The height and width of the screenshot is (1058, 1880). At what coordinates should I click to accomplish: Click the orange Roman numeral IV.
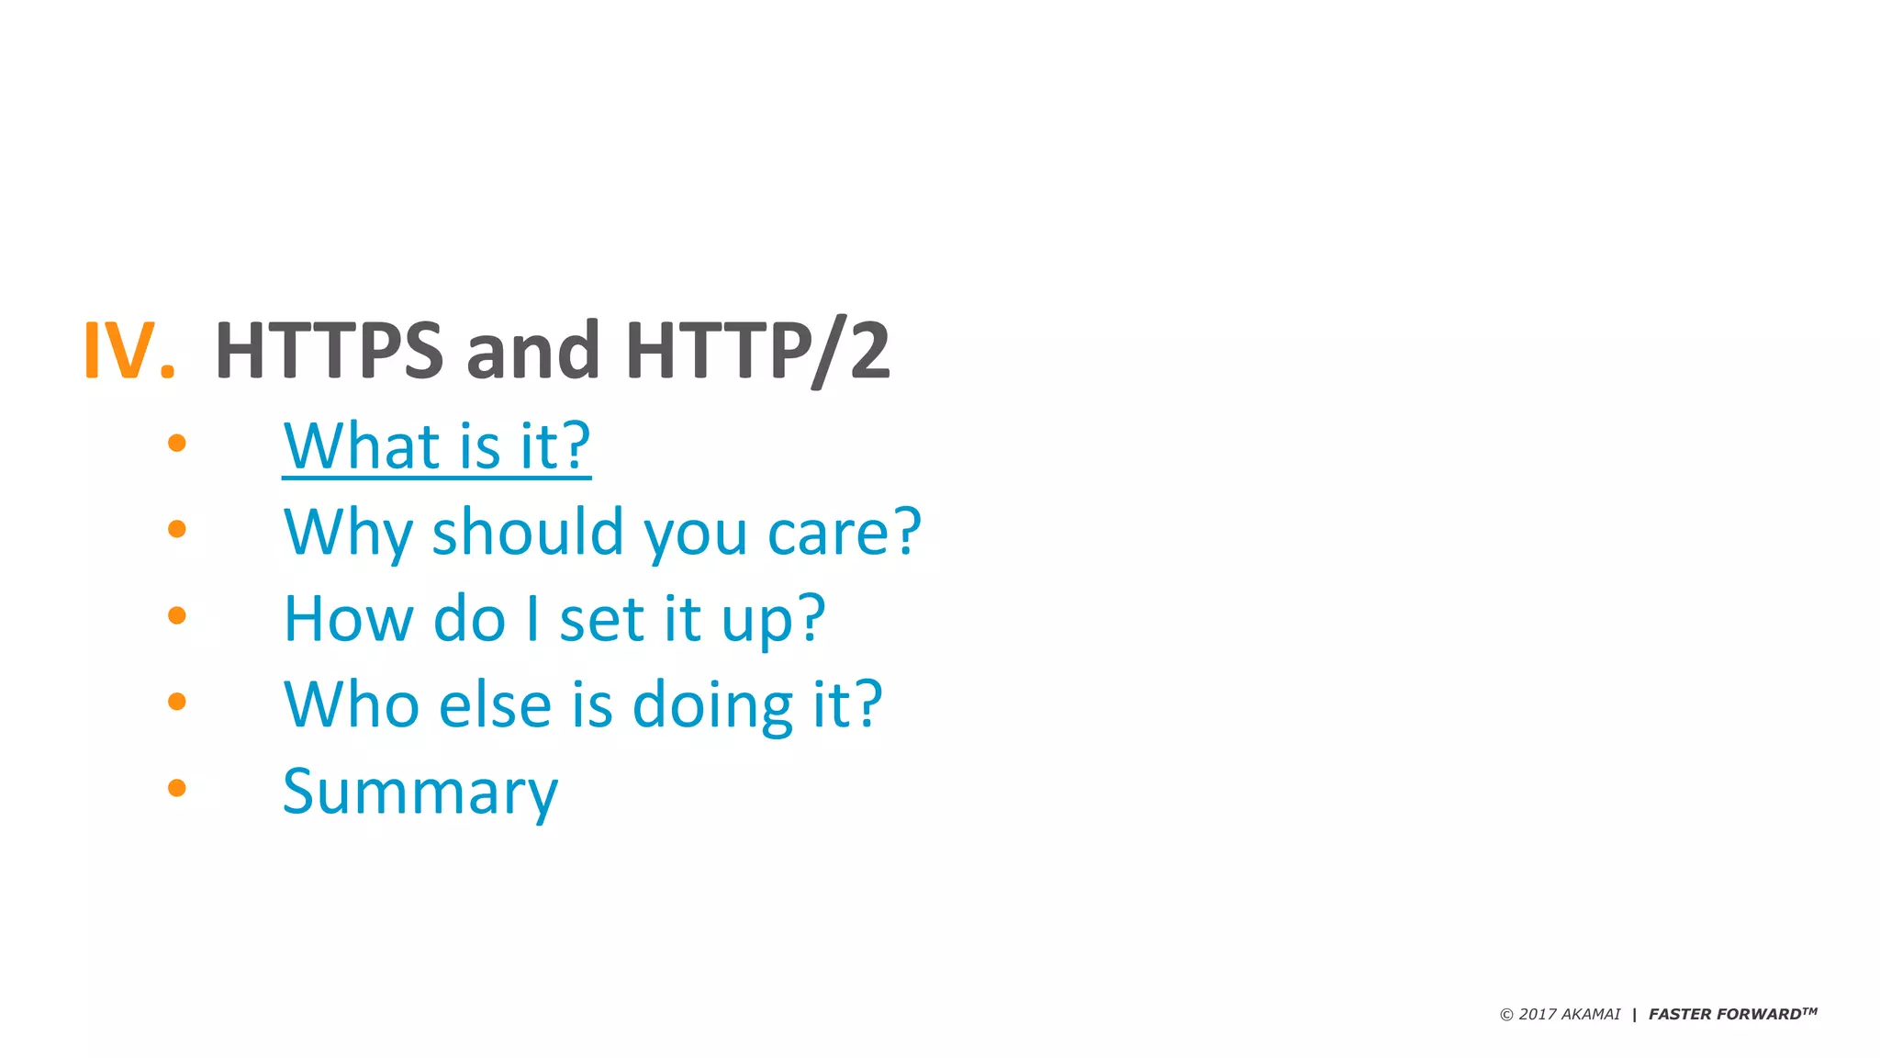[x=129, y=350]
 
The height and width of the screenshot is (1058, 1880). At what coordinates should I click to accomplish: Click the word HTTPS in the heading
[x=329, y=350]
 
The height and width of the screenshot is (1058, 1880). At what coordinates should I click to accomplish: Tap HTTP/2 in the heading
[x=757, y=350]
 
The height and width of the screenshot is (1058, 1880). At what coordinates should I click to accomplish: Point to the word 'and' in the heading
[x=532, y=350]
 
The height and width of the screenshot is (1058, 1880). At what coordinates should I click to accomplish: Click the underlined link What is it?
[x=437, y=446]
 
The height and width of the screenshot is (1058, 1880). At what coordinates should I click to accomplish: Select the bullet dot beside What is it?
[x=177, y=444]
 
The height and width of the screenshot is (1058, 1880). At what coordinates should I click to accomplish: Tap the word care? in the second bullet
[x=844, y=532]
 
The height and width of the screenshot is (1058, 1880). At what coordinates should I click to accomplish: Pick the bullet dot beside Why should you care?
[x=177, y=529]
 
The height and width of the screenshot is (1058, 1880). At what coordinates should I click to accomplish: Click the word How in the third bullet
[x=348, y=618]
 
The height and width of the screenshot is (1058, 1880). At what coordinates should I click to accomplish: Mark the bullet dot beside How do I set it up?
[x=177, y=615]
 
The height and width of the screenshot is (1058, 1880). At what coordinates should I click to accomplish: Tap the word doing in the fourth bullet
[x=712, y=706]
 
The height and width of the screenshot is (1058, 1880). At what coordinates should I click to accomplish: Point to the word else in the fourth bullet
[x=495, y=704]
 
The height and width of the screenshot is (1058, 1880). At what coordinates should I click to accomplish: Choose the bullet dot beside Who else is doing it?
[x=177, y=702]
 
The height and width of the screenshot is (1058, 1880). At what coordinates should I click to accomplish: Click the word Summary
[x=420, y=792]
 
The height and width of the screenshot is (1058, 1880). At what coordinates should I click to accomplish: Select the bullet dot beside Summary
[x=177, y=788]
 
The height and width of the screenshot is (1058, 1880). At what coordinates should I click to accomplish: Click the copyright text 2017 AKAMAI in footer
[x=1561, y=1014]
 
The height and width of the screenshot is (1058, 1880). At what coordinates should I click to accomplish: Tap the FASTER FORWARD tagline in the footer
[x=1731, y=1014]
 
